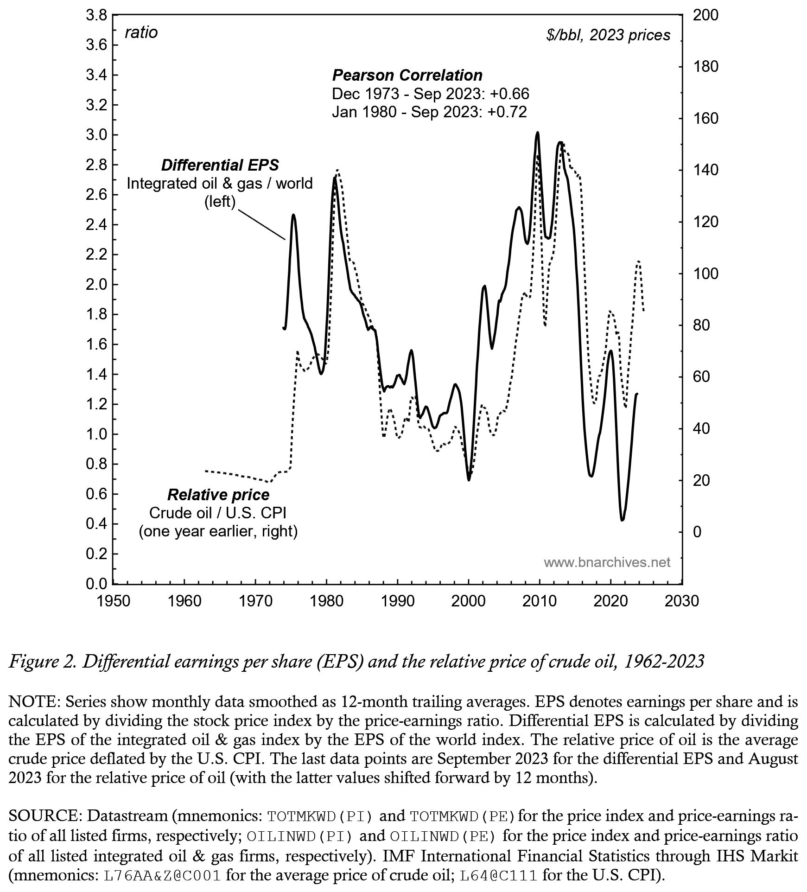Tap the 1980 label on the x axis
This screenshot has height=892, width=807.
point(326,601)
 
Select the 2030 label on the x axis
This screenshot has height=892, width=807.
point(681,601)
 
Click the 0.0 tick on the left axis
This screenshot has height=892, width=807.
point(96,584)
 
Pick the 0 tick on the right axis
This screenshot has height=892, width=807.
point(697,532)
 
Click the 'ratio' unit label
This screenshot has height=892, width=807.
point(141,32)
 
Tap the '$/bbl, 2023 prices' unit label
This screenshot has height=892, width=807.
point(608,35)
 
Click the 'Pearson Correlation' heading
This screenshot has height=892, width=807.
point(407,75)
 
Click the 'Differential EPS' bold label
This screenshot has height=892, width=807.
point(220,165)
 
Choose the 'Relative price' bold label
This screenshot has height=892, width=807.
point(218,495)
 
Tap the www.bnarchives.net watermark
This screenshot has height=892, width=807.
point(607,563)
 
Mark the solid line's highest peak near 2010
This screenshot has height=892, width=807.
point(537,133)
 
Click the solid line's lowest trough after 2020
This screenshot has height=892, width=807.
point(622,520)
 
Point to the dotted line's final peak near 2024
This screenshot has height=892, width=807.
point(639,261)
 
